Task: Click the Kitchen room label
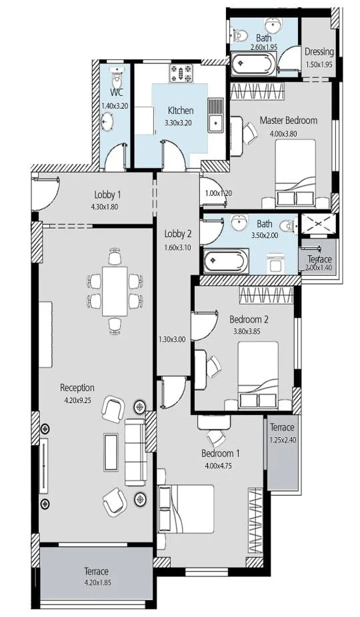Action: point(181,110)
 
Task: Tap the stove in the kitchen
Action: point(181,73)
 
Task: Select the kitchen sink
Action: point(215,115)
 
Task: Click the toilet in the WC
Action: point(117,78)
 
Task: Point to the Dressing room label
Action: point(319,51)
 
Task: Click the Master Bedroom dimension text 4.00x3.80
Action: point(283,133)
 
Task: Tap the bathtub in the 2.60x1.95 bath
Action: point(253,64)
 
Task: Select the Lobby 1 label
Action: point(107,195)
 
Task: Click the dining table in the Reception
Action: point(115,291)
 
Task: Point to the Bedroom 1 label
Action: point(220,453)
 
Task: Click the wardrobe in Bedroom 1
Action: point(255,520)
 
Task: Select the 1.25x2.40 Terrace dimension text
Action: point(283,440)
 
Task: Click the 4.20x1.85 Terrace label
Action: point(96,571)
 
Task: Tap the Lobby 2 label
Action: point(178,234)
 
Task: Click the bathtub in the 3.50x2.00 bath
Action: point(226,261)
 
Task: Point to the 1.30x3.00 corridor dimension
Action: point(172,339)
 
